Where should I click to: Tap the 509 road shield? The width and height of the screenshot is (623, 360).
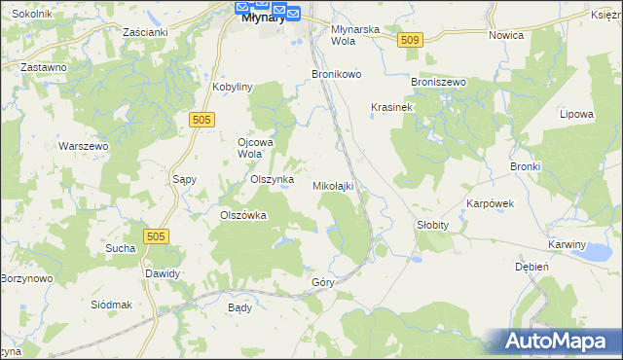pyautogui.click(x=409, y=40)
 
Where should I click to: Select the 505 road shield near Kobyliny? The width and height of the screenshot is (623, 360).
pyautogui.click(x=202, y=119)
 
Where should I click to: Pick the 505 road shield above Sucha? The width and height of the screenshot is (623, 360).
pyautogui.click(x=155, y=236)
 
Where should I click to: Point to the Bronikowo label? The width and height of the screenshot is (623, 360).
pyautogui.click(x=336, y=74)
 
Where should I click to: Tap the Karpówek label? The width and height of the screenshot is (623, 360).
pyautogui.click(x=490, y=204)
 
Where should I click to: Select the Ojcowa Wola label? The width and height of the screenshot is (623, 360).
pyautogui.click(x=257, y=147)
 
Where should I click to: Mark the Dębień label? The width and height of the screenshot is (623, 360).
pyautogui.click(x=532, y=266)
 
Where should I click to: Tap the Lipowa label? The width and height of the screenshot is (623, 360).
pyautogui.click(x=576, y=114)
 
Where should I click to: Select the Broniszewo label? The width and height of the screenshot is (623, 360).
pyautogui.click(x=439, y=83)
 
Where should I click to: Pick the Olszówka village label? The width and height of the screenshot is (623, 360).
pyautogui.click(x=243, y=216)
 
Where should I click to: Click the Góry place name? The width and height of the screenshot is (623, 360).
pyautogui.click(x=323, y=282)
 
